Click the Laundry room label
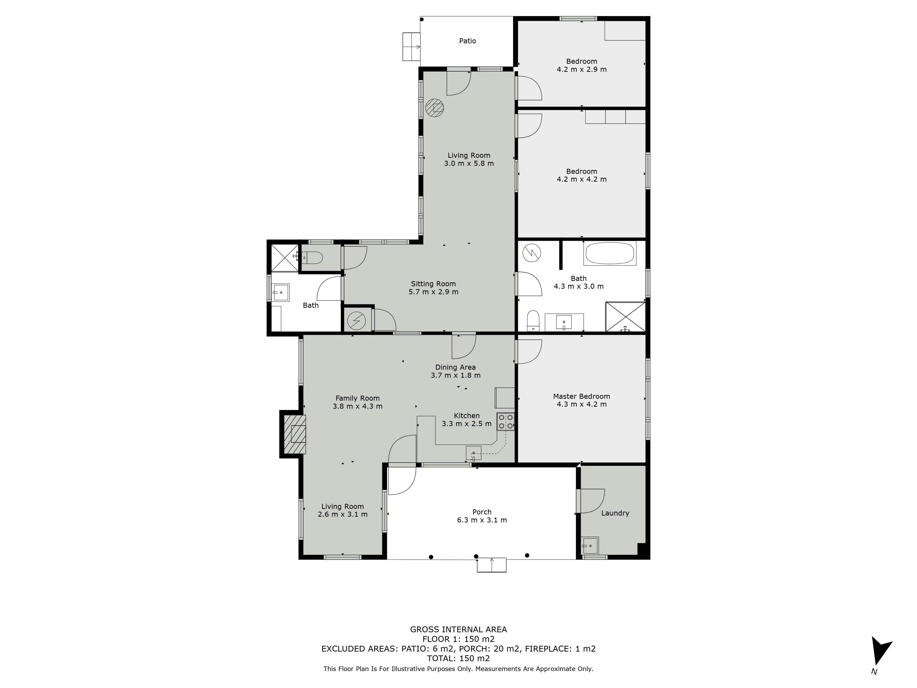(x=615, y=513)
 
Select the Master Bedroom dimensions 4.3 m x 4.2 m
(x=582, y=404)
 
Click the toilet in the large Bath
(x=533, y=321)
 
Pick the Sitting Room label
(x=433, y=284)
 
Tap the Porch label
(x=482, y=512)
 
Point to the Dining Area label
(x=456, y=367)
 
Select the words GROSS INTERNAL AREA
(x=458, y=629)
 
